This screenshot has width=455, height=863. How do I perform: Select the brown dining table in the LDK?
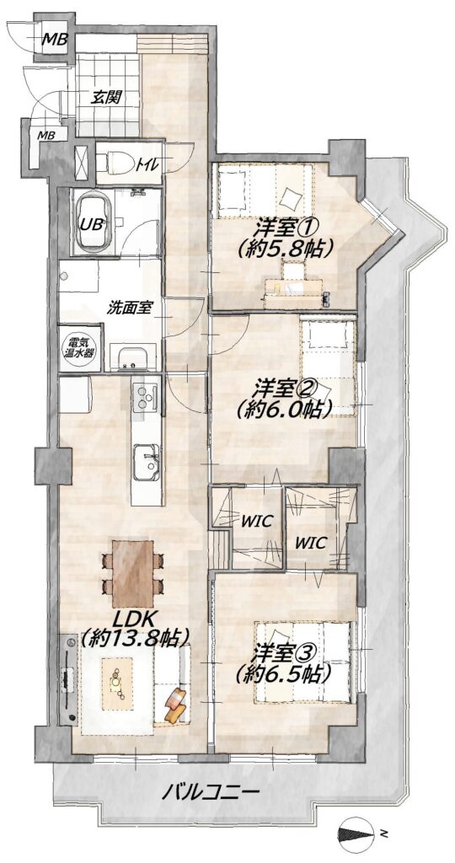pyautogui.click(x=132, y=573)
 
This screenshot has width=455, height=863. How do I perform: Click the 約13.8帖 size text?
pyautogui.click(x=135, y=639)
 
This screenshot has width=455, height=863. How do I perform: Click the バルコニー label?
pyautogui.click(x=210, y=793)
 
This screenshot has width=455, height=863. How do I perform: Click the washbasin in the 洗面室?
pyautogui.click(x=131, y=357)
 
